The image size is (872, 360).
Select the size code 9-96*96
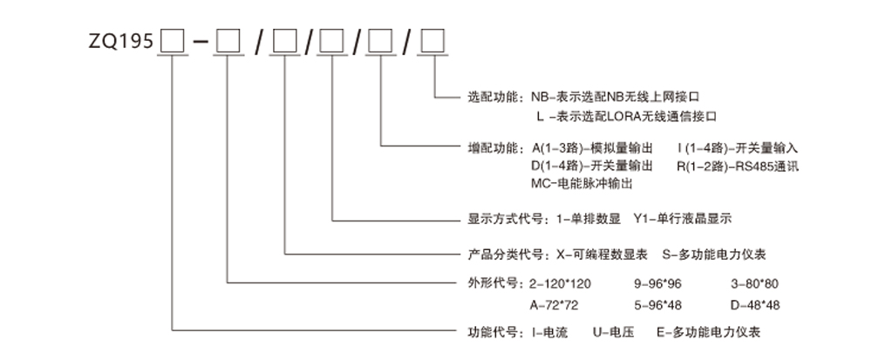click(x=657, y=284)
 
